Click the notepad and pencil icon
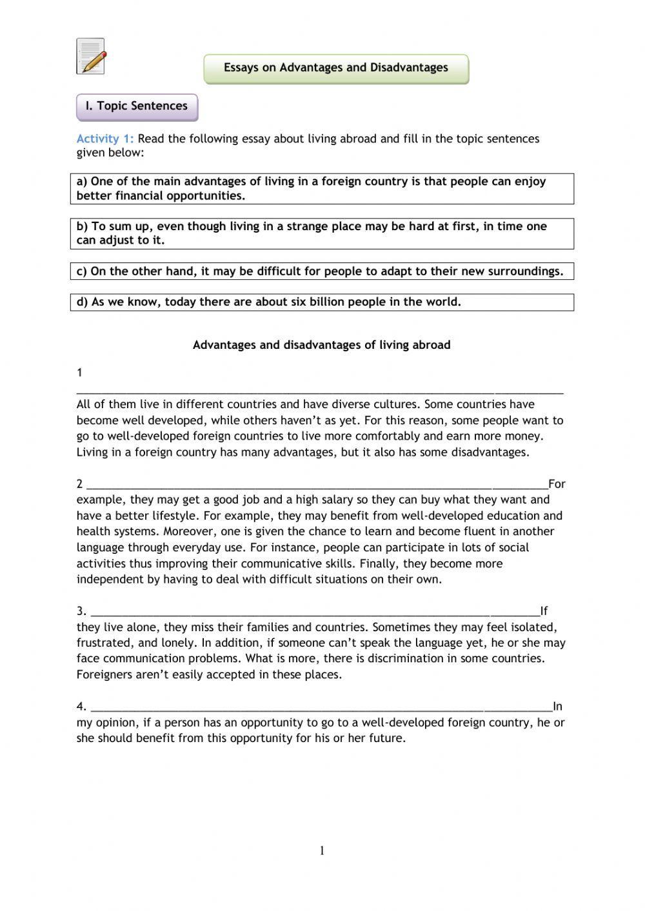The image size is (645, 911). point(90,56)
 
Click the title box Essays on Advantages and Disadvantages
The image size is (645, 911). point(336,68)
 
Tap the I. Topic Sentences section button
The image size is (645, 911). point(137,106)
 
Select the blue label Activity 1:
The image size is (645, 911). point(105,139)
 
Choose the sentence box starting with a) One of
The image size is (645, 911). point(322,189)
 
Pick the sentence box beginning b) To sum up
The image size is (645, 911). point(322,233)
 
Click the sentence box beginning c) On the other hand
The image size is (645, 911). point(322,271)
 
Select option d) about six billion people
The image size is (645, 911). point(322,302)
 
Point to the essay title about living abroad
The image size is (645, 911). point(321,345)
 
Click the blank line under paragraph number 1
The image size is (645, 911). point(319,390)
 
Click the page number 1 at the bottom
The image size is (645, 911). point(322,851)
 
